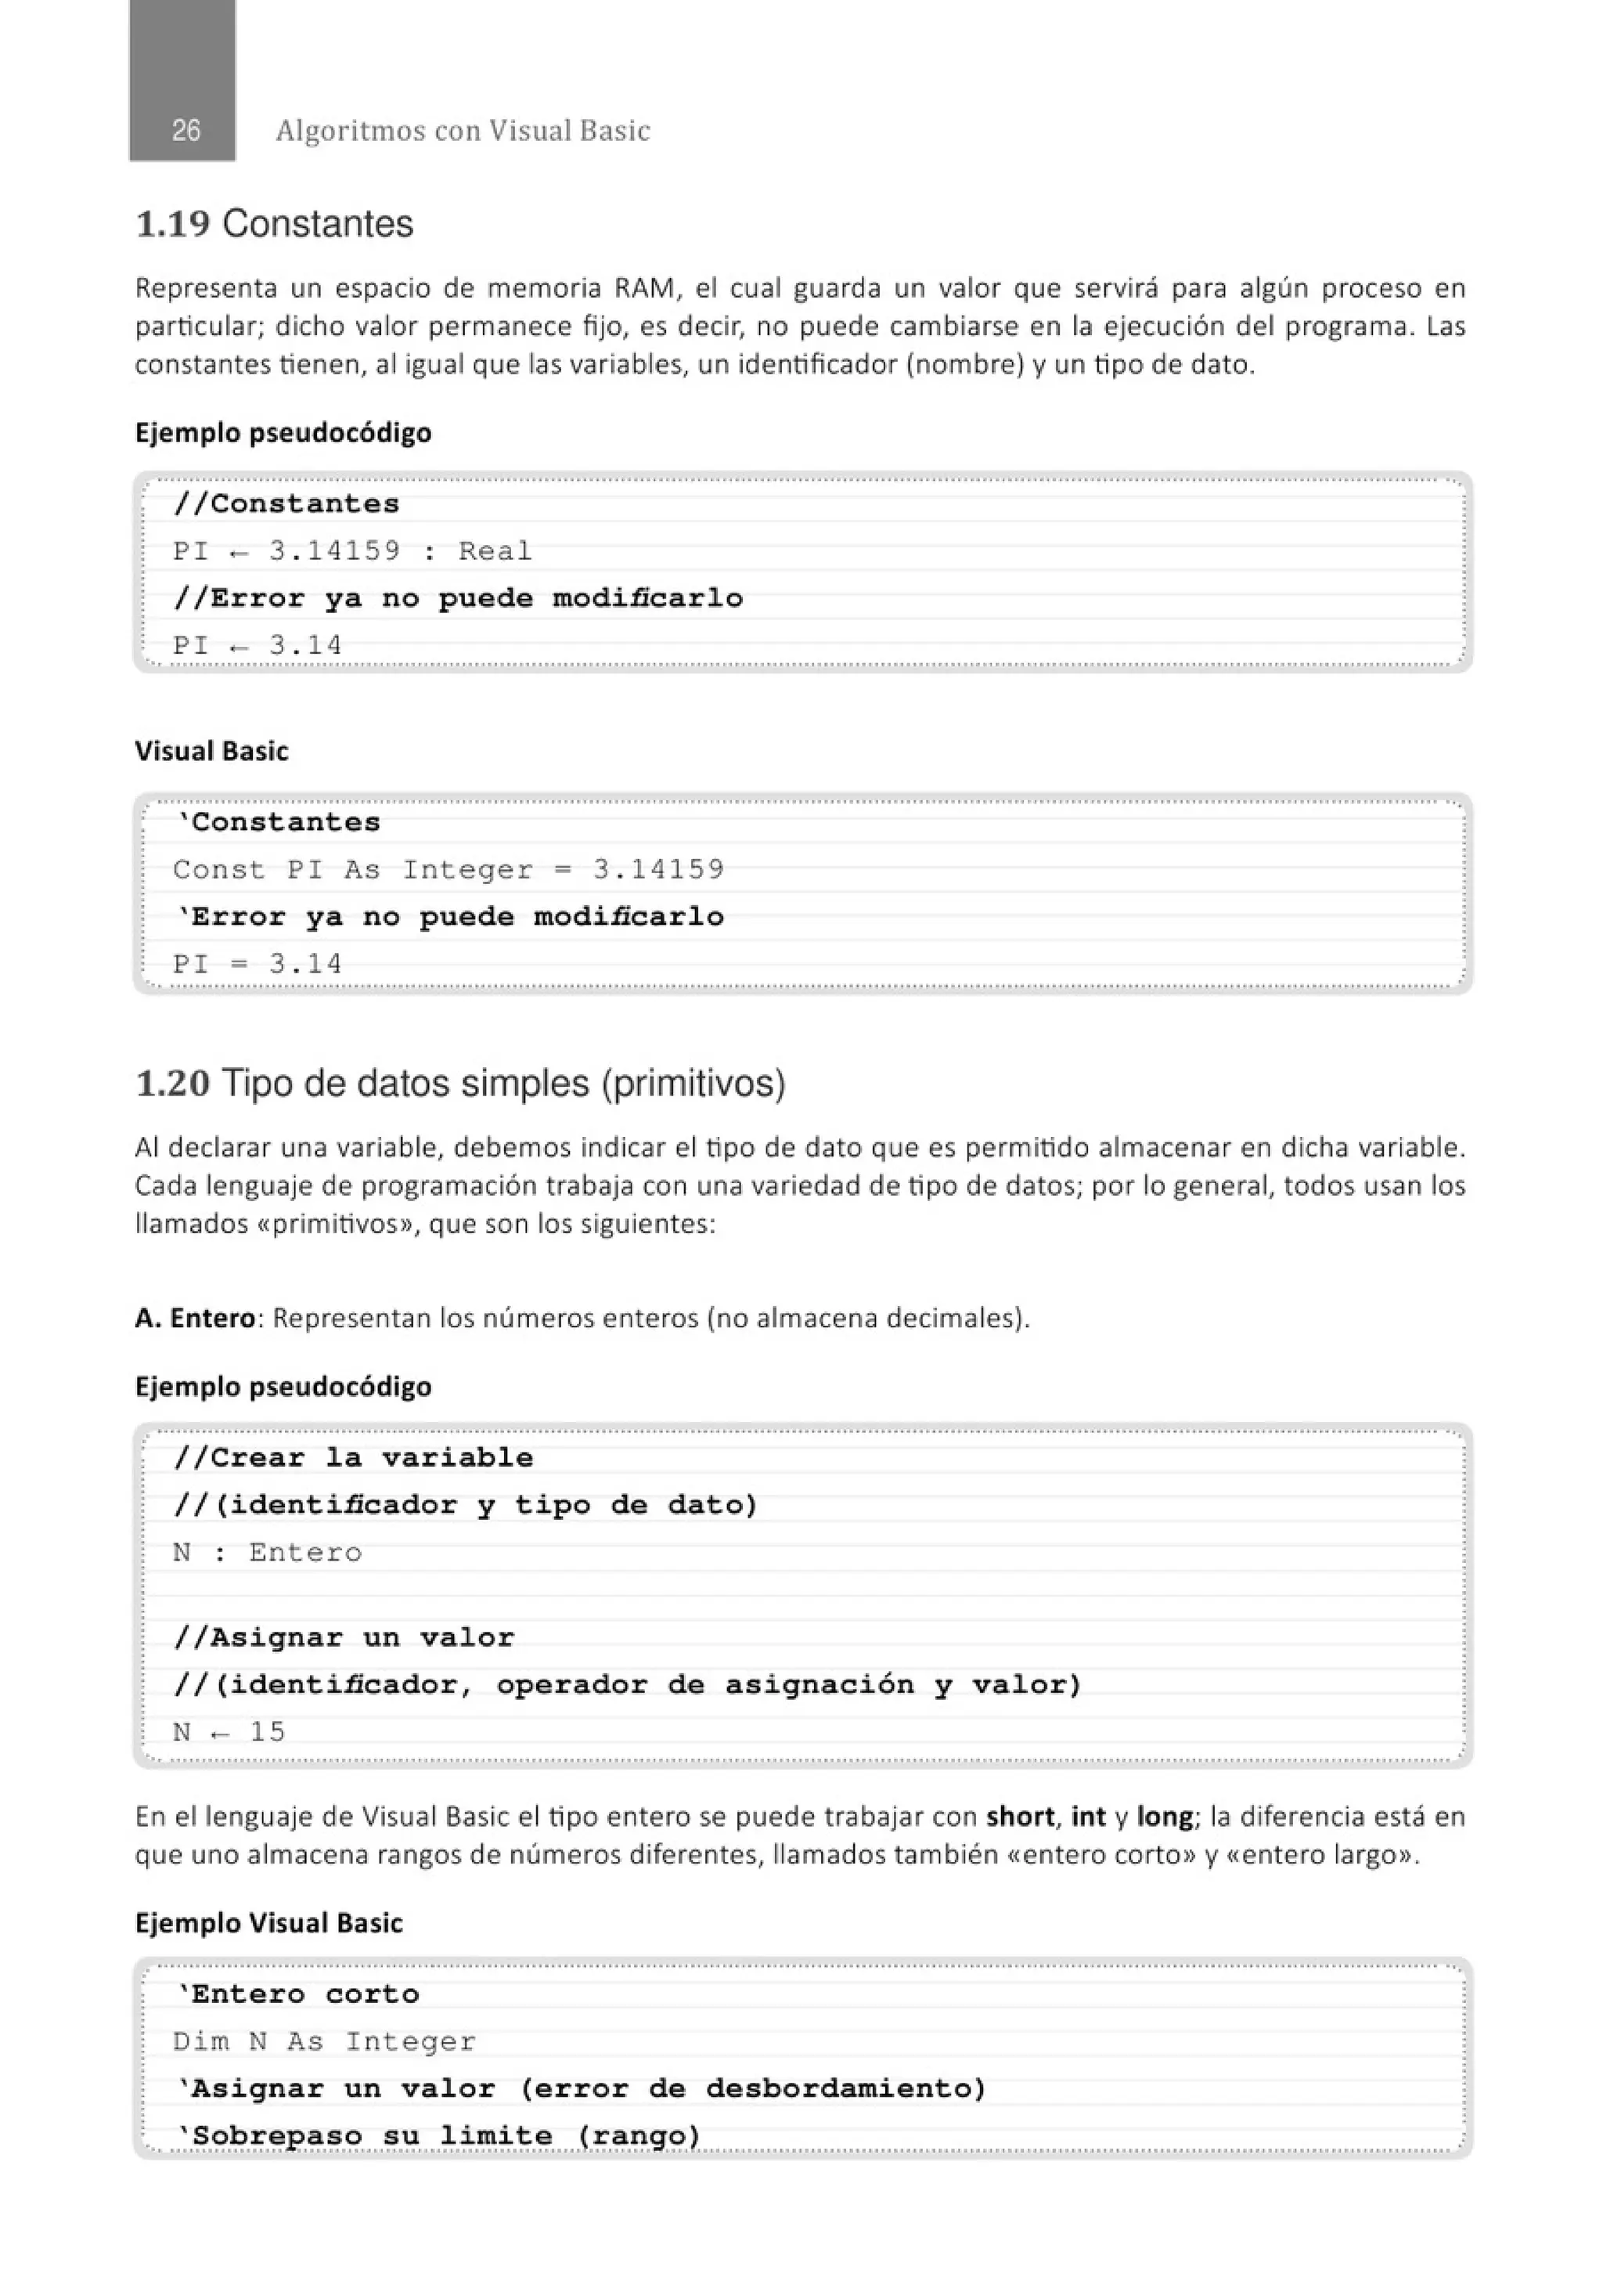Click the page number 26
[x=186, y=131]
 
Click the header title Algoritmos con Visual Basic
[x=463, y=131]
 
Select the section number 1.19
[x=172, y=224]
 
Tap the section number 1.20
[x=172, y=1084]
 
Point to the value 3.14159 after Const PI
[x=657, y=870]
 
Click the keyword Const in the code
[x=219, y=870]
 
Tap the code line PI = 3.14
[x=257, y=965]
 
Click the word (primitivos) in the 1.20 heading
[x=693, y=1084]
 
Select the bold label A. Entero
[x=195, y=1319]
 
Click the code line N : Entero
[x=267, y=1553]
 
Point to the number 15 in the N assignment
[x=267, y=1731]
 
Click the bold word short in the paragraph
[x=1019, y=1817]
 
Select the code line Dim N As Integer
[x=324, y=2041]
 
